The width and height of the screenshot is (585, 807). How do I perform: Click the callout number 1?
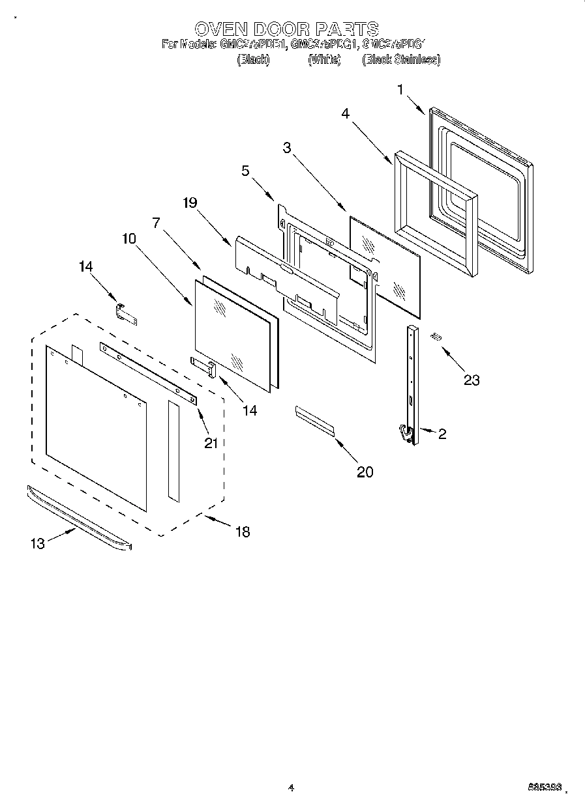point(400,90)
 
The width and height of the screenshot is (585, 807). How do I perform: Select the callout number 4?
point(346,113)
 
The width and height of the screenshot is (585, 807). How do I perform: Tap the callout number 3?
point(286,147)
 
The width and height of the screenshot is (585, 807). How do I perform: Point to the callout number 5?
point(245,171)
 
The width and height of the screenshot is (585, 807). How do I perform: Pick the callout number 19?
point(190,203)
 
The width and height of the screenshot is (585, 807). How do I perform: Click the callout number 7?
point(156,222)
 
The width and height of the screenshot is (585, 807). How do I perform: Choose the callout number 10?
point(128,239)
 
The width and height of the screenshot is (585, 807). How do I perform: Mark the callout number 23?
point(471,380)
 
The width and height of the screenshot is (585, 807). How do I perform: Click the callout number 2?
point(442,434)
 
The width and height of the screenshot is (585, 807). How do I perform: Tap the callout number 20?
point(365,472)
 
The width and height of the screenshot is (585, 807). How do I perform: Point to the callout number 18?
point(242,532)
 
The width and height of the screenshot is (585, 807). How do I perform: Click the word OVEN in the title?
point(220,29)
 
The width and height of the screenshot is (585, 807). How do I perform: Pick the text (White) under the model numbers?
point(324,59)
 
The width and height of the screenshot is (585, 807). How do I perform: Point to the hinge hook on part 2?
point(405,432)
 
